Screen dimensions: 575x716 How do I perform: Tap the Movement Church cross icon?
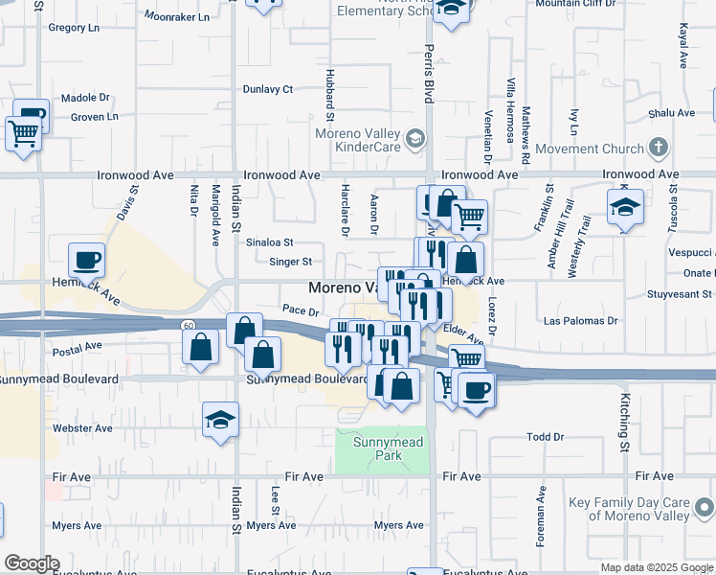pyautogui.click(x=658, y=148)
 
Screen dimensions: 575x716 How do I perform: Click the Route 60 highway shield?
pyautogui.click(x=189, y=326)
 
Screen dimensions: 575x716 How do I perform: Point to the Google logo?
pyautogui.click(x=31, y=563)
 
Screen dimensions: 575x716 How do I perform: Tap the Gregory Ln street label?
pyautogui.click(x=74, y=29)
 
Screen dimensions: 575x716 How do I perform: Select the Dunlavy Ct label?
pyautogui.click(x=267, y=89)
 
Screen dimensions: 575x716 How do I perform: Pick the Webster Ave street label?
pyautogui.click(x=82, y=428)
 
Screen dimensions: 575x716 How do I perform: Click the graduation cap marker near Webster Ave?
pyautogui.click(x=221, y=420)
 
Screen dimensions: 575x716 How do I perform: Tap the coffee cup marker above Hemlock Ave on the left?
pyautogui.click(x=86, y=260)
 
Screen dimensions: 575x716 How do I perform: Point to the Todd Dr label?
pyautogui.click(x=546, y=437)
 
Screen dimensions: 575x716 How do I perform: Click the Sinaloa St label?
pyautogui.click(x=269, y=243)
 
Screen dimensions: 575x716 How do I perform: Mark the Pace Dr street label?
pyautogui.click(x=300, y=310)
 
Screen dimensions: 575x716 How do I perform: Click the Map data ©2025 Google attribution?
pyautogui.click(x=657, y=567)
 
